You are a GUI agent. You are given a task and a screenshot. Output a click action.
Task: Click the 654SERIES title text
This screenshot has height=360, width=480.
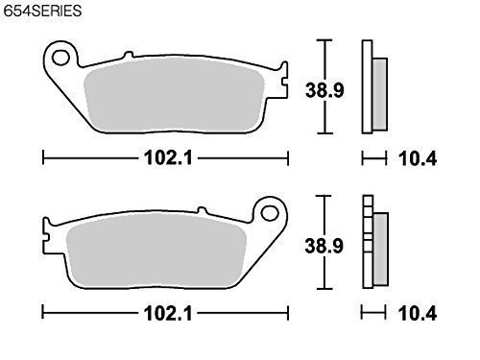coord(42,11)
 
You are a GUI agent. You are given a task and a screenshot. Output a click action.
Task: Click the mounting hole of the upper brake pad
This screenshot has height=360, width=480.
coord(60,58)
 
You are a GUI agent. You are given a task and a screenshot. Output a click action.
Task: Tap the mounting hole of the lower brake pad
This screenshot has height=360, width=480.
coord(270,213)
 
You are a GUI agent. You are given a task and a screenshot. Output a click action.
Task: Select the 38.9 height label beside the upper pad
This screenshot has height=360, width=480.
coord(324,90)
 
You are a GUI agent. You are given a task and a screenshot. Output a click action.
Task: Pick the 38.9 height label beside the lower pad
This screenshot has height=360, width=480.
coord(324,246)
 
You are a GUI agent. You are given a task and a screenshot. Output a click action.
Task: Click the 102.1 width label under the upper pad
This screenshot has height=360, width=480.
coord(168,158)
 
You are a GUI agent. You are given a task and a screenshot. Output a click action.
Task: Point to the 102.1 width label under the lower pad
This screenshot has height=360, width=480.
coord(168,313)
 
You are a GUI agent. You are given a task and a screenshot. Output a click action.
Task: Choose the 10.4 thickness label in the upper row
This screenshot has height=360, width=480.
coord(418,158)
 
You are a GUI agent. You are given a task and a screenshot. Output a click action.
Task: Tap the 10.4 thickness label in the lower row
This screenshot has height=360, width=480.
coord(418,313)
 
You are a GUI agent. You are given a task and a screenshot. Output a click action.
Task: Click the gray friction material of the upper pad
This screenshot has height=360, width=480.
coord(174,95)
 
